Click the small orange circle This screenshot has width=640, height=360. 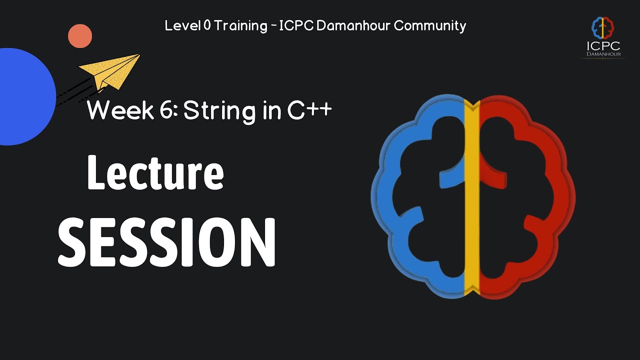pyautogui.click(x=80, y=36)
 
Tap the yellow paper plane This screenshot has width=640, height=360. pyautogui.click(x=111, y=72)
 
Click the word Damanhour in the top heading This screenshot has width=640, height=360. pyautogui.click(x=353, y=25)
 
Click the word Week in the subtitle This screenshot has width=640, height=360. pyautogui.click(x=120, y=110)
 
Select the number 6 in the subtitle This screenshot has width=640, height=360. pyautogui.click(x=166, y=109)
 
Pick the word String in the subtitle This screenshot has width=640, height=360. pyautogui.click(x=219, y=112)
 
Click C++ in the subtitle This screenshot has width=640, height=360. pyautogui.click(x=309, y=110)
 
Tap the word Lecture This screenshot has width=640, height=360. pyautogui.click(x=155, y=172)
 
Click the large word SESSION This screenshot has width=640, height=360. pyautogui.click(x=166, y=242)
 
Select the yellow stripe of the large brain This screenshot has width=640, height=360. pyautogui.click(x=471, y=197)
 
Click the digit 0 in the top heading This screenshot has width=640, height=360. pyautogui.click(x=207, y=25)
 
